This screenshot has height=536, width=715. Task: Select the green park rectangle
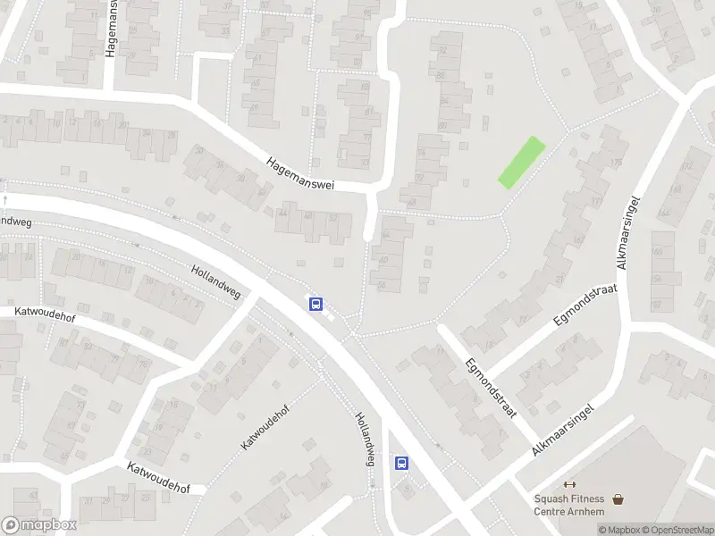[x=521, y=162]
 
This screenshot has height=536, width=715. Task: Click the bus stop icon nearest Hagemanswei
[x=315, y=304]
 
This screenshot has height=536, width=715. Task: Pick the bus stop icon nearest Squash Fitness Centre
[x=402, y=463]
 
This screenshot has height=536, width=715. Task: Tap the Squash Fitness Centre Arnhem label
[x=569, y=505]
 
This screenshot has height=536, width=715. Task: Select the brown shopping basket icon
[x=618, y=500]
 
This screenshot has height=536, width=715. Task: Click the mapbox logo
[x=39, y=525]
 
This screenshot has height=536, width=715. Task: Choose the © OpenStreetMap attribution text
[x=678, y=531]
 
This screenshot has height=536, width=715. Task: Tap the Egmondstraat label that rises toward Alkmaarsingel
[x=585, y=305]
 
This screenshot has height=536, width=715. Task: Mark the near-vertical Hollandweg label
[x=365, y=438]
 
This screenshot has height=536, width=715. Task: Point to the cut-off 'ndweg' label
[x=16, y=220]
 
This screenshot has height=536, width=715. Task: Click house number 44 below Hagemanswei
[x=283, y=213]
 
